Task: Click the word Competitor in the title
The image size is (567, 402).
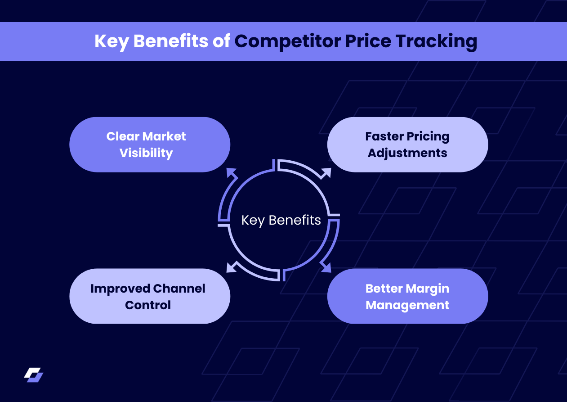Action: click(287, 41)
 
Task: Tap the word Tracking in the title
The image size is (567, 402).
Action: click(436, 41)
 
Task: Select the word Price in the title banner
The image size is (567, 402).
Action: click(368, 41)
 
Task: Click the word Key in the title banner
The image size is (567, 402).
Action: click(112, 41)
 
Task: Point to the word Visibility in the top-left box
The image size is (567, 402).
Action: click(146, 153)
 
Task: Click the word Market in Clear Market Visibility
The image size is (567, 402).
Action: click(165, 136)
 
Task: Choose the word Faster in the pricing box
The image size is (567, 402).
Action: click(384, 136)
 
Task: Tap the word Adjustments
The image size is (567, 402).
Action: click(407, 153)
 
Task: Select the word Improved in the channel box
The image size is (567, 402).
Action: click(119, 289)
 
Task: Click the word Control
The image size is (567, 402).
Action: click(148, 305)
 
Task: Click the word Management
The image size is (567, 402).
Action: click(407, 305)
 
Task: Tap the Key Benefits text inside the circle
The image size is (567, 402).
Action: click(281, 220)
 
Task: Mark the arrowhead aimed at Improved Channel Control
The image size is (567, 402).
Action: click(231, 267)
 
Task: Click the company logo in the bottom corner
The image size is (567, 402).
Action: click(34, 375)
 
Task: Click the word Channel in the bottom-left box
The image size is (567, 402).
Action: click(179, 289)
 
